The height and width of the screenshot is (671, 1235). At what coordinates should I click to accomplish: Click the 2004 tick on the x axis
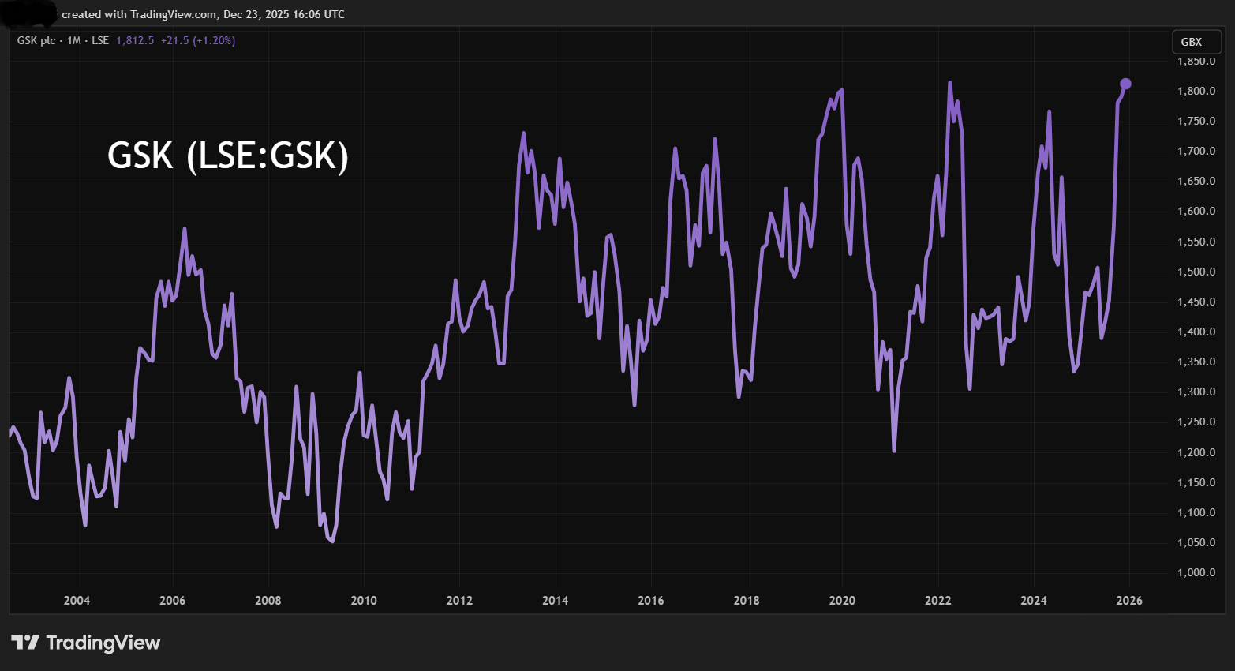77,601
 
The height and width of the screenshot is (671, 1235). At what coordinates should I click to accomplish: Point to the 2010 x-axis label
364,601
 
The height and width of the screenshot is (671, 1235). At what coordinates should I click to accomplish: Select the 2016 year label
651,601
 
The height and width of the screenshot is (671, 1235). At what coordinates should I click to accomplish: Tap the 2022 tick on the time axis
938,601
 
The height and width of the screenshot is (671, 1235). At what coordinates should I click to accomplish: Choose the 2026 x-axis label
1129,601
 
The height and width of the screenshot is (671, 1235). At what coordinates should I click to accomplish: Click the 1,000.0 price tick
1196,573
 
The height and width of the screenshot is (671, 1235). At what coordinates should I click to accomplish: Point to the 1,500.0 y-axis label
1196,272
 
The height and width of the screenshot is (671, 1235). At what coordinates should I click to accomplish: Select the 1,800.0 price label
1196,92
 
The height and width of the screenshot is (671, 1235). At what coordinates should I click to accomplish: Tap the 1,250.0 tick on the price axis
1196,422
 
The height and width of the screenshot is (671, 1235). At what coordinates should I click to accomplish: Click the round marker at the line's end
1126,84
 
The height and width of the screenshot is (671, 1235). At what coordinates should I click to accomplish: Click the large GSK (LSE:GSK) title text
228,156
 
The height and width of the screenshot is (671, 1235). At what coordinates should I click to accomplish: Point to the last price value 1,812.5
135,40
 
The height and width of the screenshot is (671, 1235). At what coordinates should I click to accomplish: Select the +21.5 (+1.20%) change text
198,40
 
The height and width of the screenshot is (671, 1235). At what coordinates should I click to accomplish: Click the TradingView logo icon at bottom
25,643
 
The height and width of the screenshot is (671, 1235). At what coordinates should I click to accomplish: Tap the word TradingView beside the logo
103,643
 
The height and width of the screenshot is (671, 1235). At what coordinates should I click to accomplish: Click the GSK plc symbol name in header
36,40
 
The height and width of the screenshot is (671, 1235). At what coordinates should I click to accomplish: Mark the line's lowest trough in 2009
332,542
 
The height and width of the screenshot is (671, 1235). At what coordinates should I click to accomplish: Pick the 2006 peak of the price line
185,229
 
